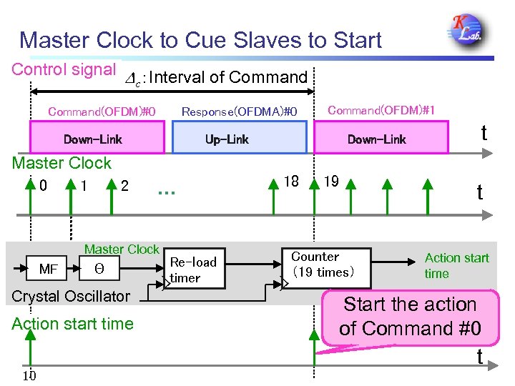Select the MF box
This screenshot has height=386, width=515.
tap(49, 269)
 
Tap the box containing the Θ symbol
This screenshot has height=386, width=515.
tap(99, 269)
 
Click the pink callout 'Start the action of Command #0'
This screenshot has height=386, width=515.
tap(410, 316)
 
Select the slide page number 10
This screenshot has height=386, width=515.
tap(29, 377)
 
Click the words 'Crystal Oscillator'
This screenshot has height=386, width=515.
tap(71, 296)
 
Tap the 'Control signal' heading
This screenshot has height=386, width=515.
tap(64, 70)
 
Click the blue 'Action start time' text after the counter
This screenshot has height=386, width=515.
tap(456, 265)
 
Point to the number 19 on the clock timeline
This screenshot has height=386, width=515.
tap(331, 182)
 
